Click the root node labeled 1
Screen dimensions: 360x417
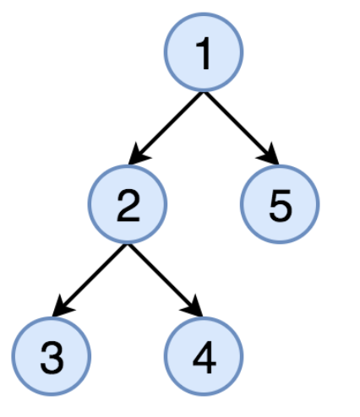204,52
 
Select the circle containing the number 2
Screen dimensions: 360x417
128,204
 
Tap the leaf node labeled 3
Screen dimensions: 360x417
52,356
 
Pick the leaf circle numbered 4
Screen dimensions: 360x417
204,356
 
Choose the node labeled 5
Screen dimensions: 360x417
280,204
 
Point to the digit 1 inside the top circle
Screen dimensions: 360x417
204,53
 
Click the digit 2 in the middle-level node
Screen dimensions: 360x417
128,205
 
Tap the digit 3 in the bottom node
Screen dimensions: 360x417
52,358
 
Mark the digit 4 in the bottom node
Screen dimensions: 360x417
205,357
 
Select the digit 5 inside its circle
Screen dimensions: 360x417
281,206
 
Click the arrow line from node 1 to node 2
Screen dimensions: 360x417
166,128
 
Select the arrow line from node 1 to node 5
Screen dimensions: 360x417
241,128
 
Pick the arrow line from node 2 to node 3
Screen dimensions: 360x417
90,280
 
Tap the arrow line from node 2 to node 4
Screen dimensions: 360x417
165,280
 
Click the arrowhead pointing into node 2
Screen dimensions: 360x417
138,155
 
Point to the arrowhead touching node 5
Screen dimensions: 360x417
270,155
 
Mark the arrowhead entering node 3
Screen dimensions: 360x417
62,307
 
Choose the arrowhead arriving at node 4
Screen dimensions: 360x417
194,307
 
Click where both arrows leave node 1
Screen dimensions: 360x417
204,92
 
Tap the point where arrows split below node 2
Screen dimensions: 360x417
128,244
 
